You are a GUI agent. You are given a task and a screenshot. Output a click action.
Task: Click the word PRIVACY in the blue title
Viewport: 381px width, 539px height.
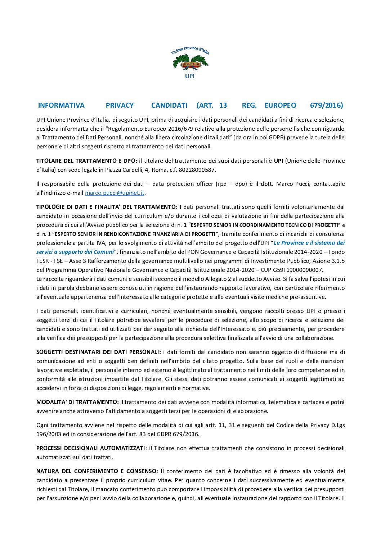click(x=120, y=105)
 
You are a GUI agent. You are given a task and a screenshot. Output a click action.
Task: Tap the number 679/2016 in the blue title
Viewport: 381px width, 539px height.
click(x=326, y=105)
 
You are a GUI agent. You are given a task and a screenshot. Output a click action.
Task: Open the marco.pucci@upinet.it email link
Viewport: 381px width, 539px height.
click(x=115, y=193)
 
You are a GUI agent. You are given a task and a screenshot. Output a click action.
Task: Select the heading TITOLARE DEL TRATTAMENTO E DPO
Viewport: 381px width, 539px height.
click(x=86, y=161)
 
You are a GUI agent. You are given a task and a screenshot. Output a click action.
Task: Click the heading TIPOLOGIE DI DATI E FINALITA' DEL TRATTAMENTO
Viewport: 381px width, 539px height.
click(x=107, y=207)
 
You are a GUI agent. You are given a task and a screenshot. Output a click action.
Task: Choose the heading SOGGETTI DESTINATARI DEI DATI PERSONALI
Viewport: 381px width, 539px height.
click(x=98, y=352)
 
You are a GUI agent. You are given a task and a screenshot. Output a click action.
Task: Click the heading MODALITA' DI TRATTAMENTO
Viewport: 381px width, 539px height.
click(x=77, y=402)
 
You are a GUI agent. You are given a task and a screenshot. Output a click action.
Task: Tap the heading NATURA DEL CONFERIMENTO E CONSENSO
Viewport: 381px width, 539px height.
click(x=96, y=471)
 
